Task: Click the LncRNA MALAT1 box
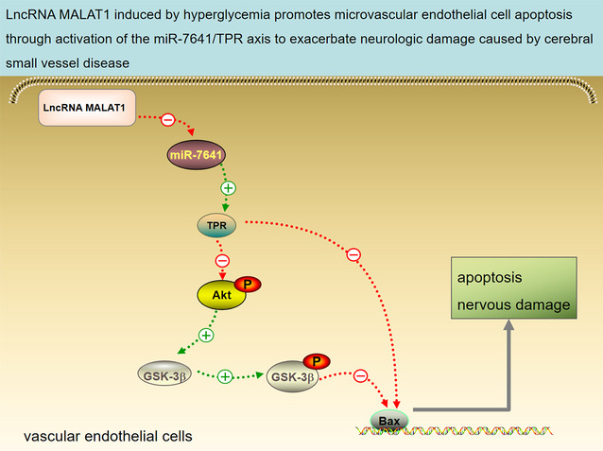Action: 87,108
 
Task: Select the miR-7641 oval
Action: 197,155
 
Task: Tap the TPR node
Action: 216,225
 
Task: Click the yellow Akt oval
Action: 221,295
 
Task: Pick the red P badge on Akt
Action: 248,285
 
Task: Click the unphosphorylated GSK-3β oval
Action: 164,373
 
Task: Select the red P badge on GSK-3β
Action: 317,361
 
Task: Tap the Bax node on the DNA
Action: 389,421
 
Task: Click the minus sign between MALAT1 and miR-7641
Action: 167,120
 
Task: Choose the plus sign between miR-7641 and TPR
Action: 228,188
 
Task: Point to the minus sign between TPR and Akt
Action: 222,261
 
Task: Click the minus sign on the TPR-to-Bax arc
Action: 353,254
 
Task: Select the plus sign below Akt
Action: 206,335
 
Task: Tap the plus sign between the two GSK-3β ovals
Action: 225,376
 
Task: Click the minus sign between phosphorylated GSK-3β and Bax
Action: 360,375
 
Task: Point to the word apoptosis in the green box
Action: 490,278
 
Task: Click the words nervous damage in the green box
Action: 513,304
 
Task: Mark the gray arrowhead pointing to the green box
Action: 508,325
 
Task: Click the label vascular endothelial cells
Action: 108,437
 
